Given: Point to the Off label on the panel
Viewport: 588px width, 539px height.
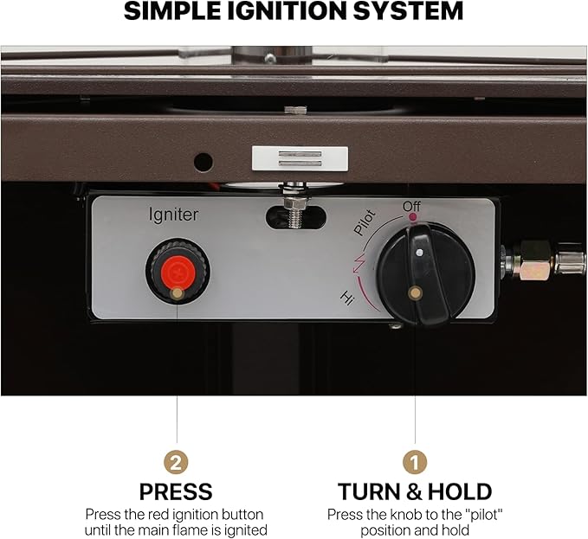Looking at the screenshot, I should tap(412, 207).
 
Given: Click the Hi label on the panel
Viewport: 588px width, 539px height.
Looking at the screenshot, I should tap(346, 298).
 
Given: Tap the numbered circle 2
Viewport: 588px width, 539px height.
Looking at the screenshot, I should tap(177, 461).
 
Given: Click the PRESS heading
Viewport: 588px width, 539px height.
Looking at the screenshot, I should tap(176, 492).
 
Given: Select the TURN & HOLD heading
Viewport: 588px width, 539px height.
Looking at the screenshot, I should tap(415, 492).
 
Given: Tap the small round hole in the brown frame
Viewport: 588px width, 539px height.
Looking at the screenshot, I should tap(203, 161).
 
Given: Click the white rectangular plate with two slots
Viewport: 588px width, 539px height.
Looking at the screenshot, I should tap(300, 158).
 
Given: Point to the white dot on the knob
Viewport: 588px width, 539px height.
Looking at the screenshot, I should tap(419, 253).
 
